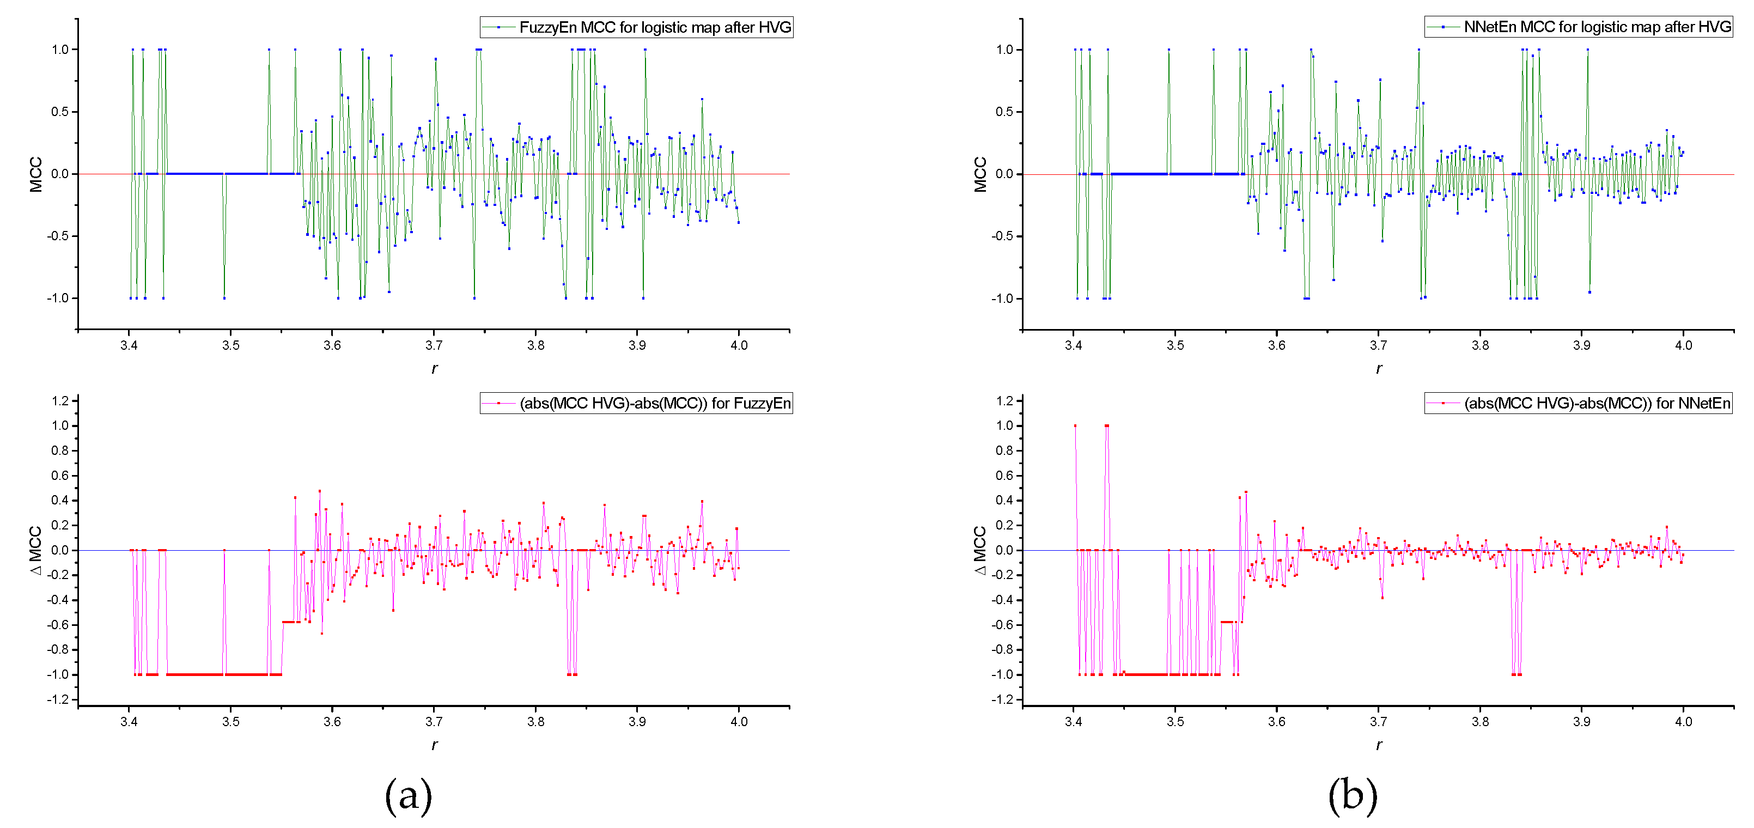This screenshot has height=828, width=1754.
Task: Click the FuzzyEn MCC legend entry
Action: (x=637, y=27)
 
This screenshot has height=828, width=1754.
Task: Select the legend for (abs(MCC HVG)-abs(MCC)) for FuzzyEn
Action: (x=637, y=403)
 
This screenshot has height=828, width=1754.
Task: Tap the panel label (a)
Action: (x=409, y=795)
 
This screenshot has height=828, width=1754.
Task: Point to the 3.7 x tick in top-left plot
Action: (x=434, y=345)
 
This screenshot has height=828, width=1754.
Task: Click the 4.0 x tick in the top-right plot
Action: (x=1683, y=345)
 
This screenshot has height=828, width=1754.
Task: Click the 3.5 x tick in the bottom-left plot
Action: (x=231, y=722)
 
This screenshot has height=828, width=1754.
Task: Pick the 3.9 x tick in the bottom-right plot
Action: (x=1582, y=722)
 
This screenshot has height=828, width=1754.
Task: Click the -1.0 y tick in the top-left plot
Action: (x=58, y=299)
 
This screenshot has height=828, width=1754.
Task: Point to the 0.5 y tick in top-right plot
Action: (x=1004, y=112)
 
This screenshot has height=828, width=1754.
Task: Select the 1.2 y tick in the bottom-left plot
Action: (x=60, y=400)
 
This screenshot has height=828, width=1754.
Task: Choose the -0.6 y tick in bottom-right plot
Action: (x=1002, y=624)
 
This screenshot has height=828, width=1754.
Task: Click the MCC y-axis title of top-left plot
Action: (x=36, y=174)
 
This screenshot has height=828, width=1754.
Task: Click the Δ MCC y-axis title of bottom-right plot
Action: (x=980, y=550)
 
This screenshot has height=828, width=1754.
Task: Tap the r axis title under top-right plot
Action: (x=1379, y=368)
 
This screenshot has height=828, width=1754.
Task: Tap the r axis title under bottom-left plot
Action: (x=435, y=745)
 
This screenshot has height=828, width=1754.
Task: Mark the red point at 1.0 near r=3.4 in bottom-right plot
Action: (x=1075, y=425)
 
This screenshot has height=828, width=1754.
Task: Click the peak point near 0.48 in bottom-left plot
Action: (x=319, y=490)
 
